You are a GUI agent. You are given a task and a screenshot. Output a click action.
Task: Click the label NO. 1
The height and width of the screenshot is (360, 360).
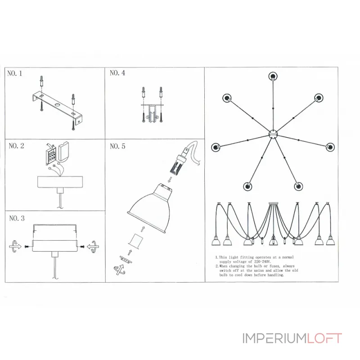coord(15,74)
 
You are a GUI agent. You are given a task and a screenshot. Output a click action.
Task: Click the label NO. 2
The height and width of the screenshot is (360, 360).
coord(16,146)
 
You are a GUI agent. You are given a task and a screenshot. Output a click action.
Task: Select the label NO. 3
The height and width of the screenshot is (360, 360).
coord(16,219)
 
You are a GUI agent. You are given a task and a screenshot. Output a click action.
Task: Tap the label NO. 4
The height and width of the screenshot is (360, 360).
coord(117,73)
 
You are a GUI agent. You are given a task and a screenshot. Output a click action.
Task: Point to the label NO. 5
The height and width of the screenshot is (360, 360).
coord(117,146)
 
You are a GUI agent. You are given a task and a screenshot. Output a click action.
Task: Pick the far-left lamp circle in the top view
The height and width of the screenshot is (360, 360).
coord(216,146)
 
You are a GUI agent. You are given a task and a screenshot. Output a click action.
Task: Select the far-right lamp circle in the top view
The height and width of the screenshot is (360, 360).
coord(330,146)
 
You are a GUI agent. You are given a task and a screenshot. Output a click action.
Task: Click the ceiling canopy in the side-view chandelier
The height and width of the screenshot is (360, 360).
coord(273,205)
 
